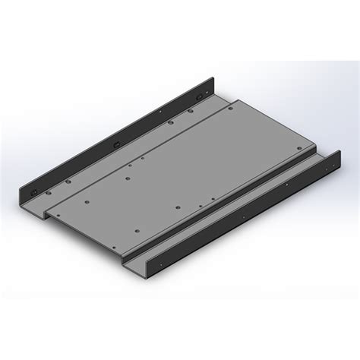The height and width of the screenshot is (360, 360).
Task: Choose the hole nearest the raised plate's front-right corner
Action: pyautogui.click(x=137, y=229)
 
